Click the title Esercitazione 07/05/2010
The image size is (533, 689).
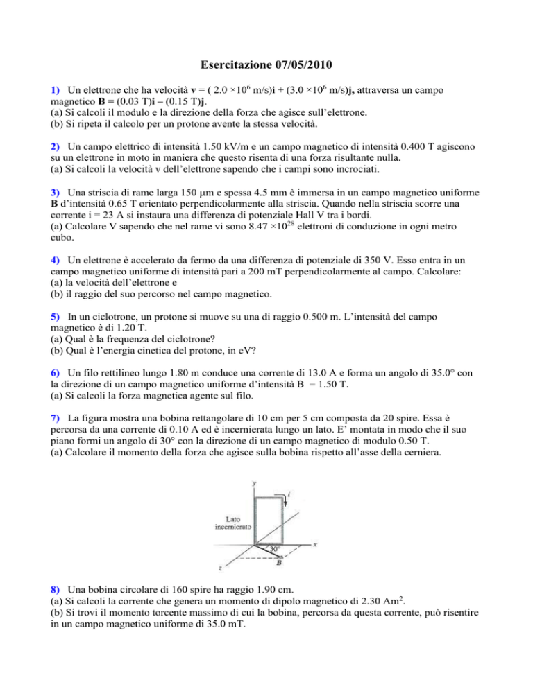point(266,66)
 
